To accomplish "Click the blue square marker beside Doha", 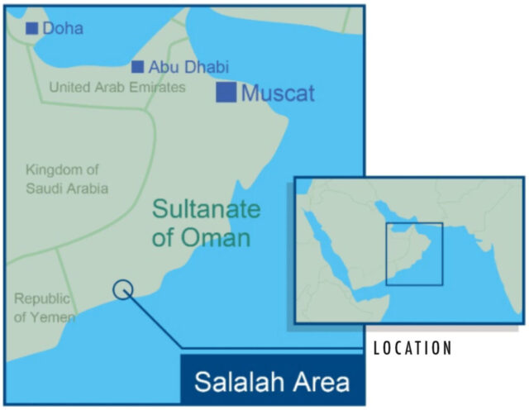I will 31,29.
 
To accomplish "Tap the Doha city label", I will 63,29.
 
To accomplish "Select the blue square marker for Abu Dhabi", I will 137,67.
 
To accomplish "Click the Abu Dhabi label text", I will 188,67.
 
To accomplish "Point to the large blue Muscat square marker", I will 226,92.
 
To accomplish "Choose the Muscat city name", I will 278,93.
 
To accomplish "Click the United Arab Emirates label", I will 117,87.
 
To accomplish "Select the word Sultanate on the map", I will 207,208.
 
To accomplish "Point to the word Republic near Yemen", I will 42,298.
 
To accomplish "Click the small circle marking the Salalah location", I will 122,289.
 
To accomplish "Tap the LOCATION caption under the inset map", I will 412,348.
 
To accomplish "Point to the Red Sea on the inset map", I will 330,248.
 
